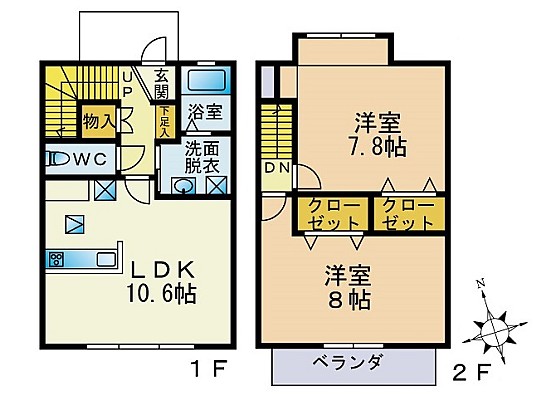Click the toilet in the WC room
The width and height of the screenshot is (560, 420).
pyautogui.click(x=59, y=159)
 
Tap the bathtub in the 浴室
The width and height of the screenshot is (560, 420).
pyautogui.click(x=206, y=80)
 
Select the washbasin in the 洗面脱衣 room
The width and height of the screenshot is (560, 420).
pyautogui.click(x=183, y=185)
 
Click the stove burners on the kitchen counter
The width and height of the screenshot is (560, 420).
pyautogui.click(x=56, y=259)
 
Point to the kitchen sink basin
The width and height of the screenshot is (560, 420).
pyautogui.click(x=106, y=259)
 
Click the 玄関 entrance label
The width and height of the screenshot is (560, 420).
pyautogui.click(x=161, y=84)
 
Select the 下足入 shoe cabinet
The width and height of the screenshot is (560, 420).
pyautogui.click(x=164, y=122)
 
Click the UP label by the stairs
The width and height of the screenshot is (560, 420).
pyautogui.click(x=127, y=84)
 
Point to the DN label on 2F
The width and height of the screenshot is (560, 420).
pyautogui.click(x=277, y=168)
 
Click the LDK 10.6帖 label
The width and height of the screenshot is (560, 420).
pyautogui.click(x=162, y=282)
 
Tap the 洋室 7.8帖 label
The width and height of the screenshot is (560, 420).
pyautogui.click(x=378, y=134)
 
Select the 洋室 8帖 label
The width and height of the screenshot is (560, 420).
pyautogui.click(x=349, y=287)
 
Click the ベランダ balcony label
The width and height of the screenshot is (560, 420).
pyautogui.click(x=348, y=362)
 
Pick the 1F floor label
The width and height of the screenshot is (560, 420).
pyautogui.click(x=209, y=369)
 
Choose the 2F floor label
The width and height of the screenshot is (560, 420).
pyautogui.click(x=471, y=373)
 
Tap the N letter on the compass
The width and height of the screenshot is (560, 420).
pyautogui.click(x=481, y=284)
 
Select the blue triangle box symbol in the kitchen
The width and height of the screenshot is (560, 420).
pyautogui.click(x=75, y=224)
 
